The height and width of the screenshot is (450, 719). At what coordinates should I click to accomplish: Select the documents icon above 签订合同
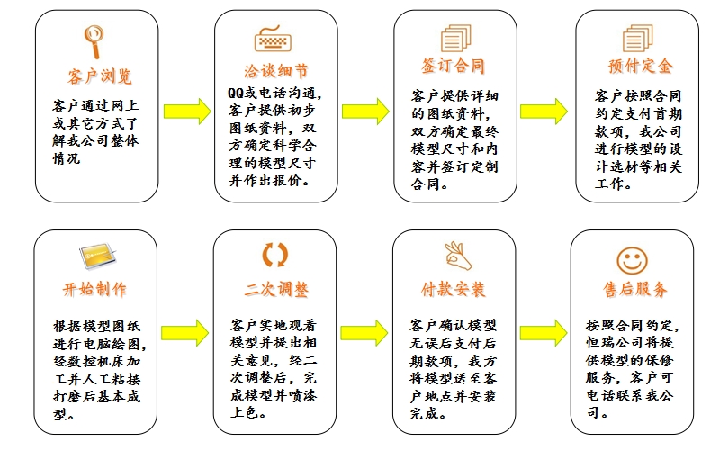pos(454,39)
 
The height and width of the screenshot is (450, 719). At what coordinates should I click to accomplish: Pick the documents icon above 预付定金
pos(637,39)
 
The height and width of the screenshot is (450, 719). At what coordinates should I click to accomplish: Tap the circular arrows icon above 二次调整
pos(274,256)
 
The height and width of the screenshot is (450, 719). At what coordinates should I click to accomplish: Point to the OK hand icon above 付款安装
pos(457,256)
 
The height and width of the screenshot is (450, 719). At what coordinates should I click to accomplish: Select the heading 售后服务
pos(635,290)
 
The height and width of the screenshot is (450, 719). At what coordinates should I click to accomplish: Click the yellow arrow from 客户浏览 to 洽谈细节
pos(187,112)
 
